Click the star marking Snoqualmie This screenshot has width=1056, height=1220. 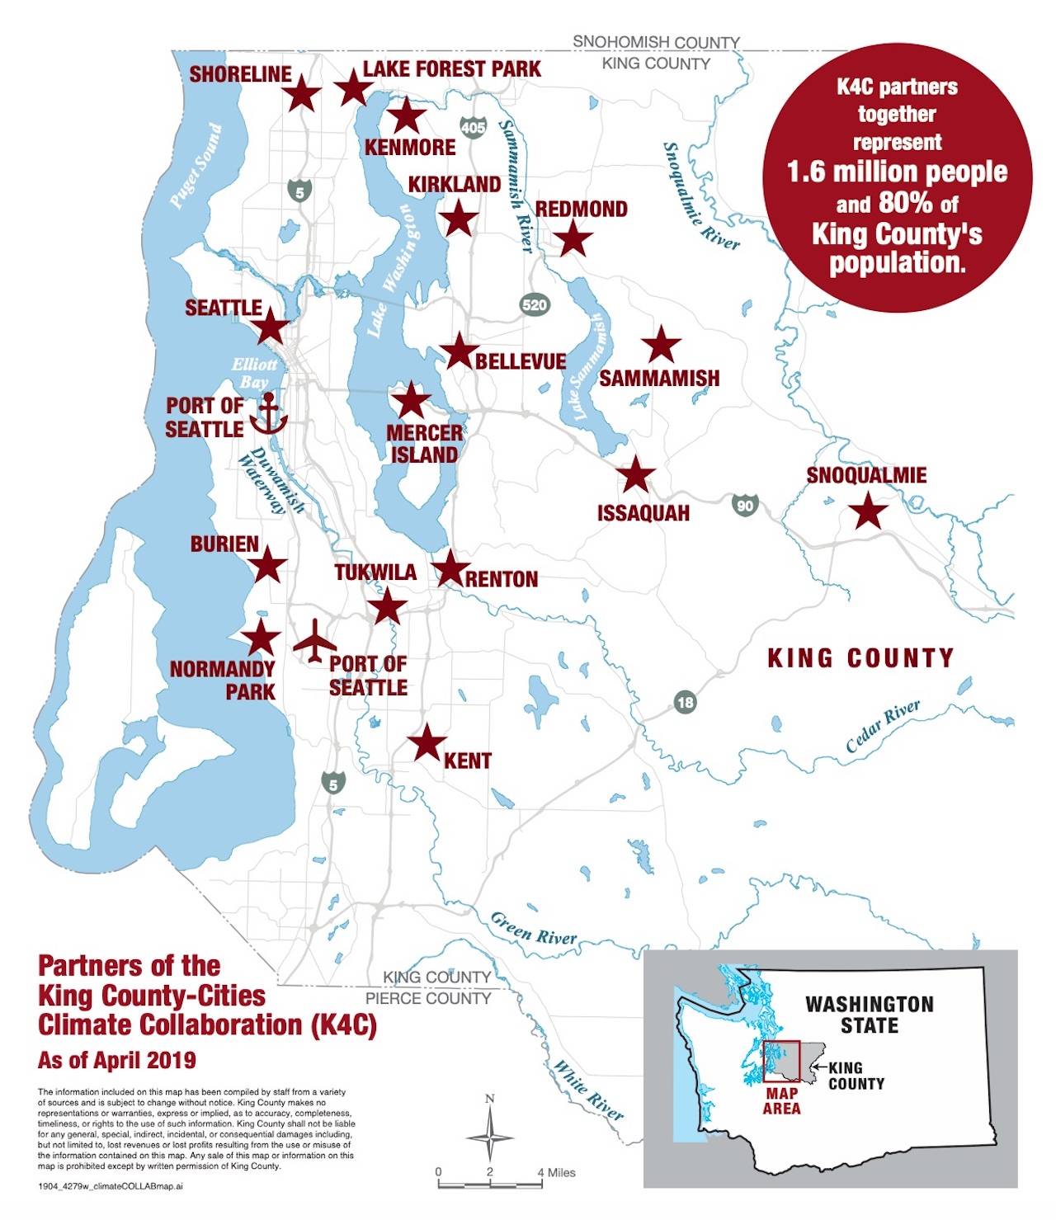(x=868, y=511)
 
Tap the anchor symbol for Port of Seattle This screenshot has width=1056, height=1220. (x=268, y=414)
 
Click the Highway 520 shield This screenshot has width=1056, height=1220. (x=534, y=304)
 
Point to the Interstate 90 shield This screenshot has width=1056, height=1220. (x=745, y=505)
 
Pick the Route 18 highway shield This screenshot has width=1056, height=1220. (x=685, y=702)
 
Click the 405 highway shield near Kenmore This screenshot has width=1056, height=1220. (x=473, y=128)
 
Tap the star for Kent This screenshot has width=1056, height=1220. (x=427, y=742)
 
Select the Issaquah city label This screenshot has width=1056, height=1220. (x=643, y=513)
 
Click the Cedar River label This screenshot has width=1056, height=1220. (x=883, y=726)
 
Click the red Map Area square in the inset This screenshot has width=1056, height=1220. (x=781, y=1061)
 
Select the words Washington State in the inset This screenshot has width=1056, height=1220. (x=870, y=1015)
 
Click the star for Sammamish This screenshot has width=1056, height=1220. (x=660, y=345)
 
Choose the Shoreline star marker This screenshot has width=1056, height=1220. (x=301, y=94)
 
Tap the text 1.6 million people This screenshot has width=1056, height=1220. (x=897, y=172)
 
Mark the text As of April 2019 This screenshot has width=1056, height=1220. (x=117, y=1059)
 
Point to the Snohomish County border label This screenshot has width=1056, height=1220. (x=656, y=41)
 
